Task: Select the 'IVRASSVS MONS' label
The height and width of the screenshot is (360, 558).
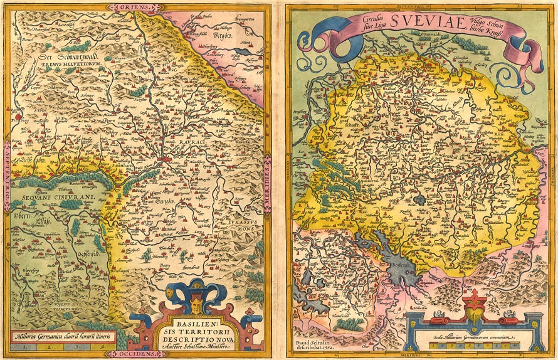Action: tap(241, 225)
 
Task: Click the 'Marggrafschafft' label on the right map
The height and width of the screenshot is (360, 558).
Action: tap(332, 125)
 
